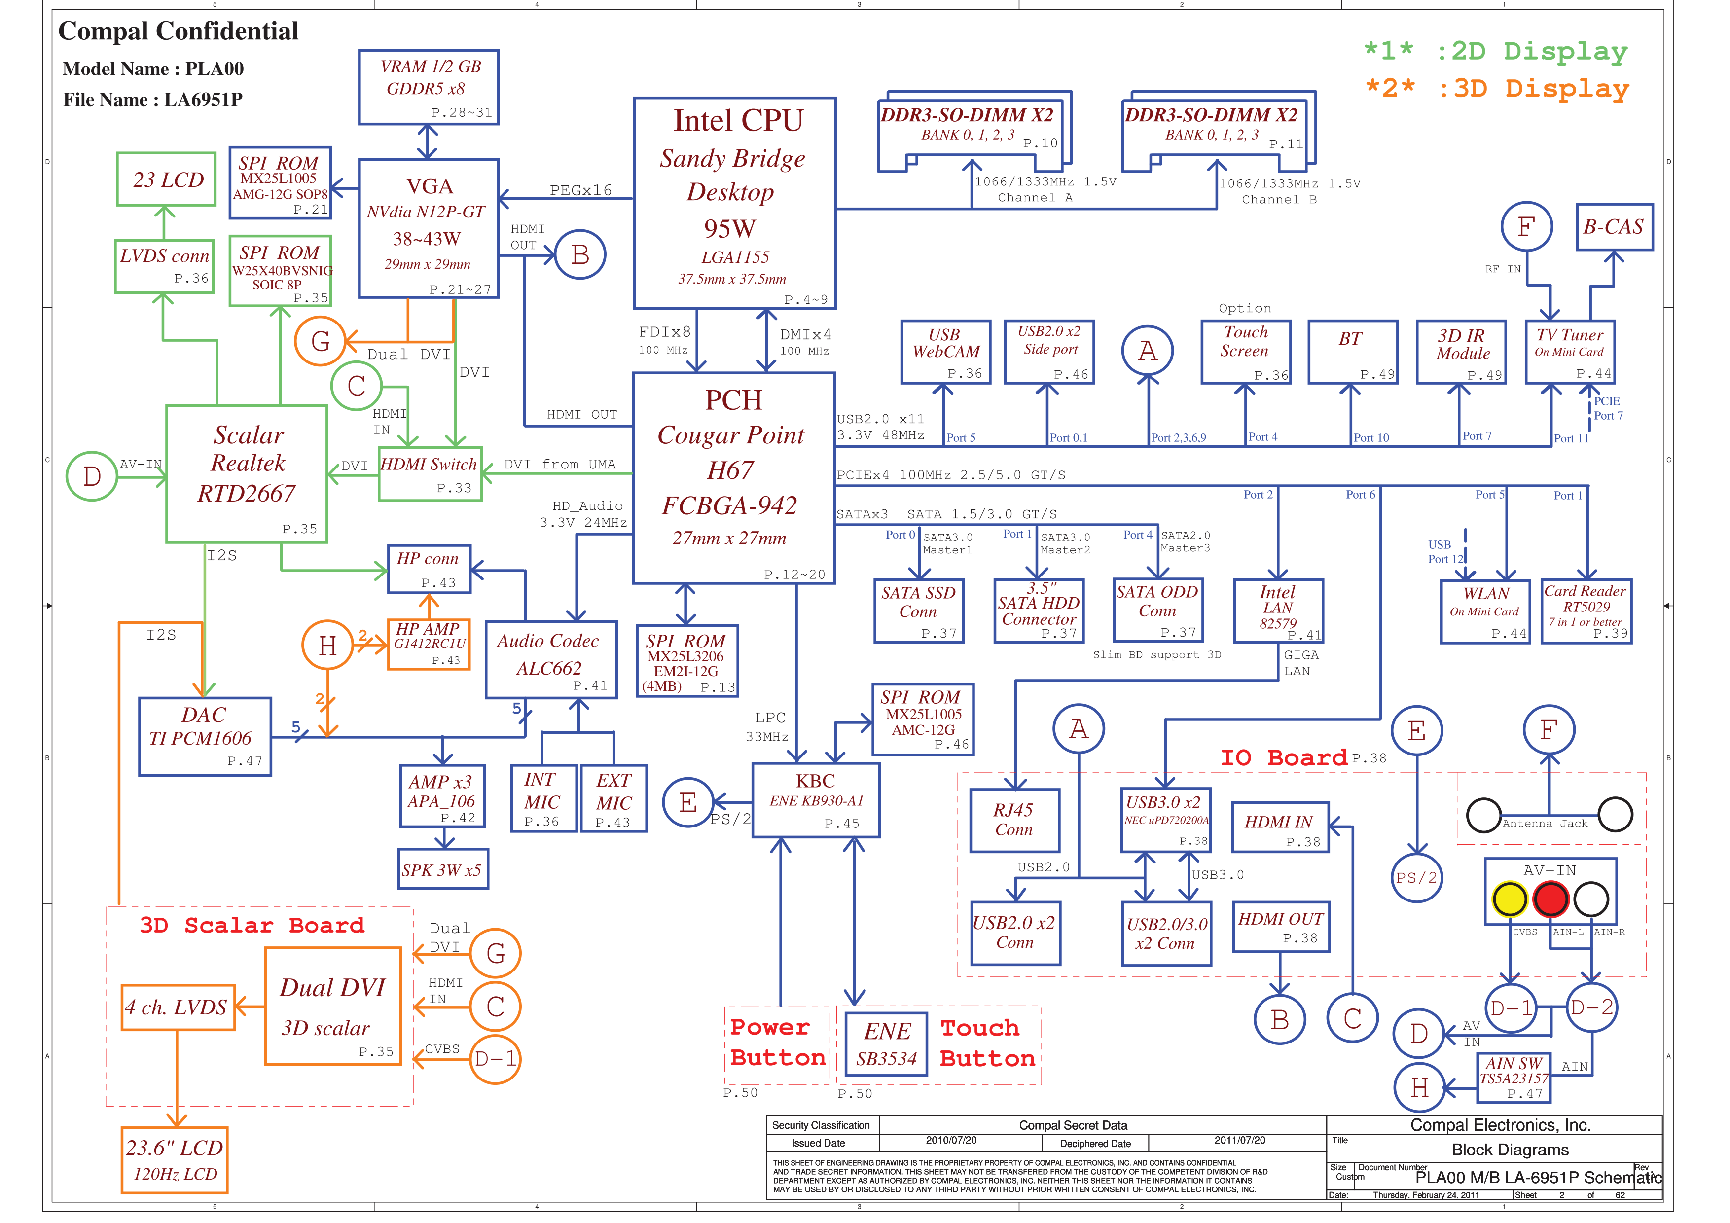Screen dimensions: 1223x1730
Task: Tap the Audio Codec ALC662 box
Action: coord(551,659)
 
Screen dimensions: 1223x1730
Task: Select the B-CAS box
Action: coord(1614,227)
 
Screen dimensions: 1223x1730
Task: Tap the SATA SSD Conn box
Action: coord(918,611)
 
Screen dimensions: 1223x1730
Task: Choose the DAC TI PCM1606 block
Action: coord(205,736)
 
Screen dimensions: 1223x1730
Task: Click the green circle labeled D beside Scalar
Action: coord(91,476)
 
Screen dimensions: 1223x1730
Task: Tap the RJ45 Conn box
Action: coord(1014,820)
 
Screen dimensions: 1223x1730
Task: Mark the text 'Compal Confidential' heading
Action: coord(179,31)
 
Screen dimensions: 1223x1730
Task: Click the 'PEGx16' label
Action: coord(580,190)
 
